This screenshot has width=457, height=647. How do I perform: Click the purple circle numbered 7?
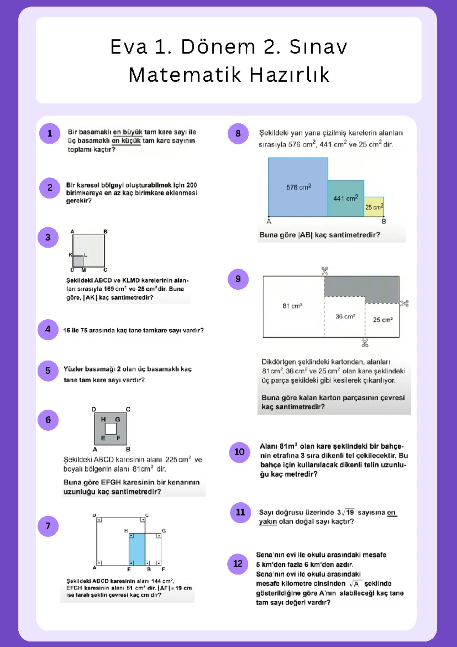point(48,526)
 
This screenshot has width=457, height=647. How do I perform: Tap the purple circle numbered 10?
point(239,452)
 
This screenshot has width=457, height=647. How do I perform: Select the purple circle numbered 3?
point(48,237)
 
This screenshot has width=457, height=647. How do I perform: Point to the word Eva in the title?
point(128,47)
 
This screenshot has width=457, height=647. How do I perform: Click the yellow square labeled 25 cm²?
point(374,207)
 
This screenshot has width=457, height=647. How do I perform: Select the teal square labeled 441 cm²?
point(345,199)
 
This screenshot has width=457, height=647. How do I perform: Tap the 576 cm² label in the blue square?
point(299,187)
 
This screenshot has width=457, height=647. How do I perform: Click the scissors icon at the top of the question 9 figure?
point(324,271)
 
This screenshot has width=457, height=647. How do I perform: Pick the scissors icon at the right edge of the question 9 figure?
point(404,303)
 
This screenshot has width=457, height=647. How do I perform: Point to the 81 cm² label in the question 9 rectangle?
point(292,306)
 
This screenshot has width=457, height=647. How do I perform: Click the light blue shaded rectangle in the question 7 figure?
point(137,549)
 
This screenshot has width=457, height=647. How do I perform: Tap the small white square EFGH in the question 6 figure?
point(111,429)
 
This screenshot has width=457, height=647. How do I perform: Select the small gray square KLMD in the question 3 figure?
point(78,261)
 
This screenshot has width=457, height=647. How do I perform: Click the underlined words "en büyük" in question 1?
point(128,132)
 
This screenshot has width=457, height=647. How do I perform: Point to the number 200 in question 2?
point(192,185)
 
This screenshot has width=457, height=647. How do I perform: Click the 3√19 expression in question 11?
point(345,512)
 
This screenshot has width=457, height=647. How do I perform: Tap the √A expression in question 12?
point(355,584)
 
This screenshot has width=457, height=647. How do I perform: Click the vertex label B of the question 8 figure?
point(384,221)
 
